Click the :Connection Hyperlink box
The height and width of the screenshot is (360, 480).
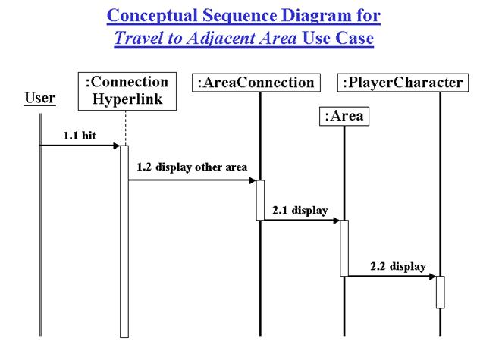(x=124, y=90)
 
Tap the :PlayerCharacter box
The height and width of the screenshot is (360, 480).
(x=402, y=83)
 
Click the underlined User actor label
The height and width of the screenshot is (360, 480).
(x=39, y=98)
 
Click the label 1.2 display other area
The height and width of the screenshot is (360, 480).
(x=192, y=167)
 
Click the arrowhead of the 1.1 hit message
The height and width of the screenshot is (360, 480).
(x=115, y=146)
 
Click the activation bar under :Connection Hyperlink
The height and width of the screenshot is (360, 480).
(x=124, y=243)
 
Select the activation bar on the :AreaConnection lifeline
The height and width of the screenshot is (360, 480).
(x=260, y=199)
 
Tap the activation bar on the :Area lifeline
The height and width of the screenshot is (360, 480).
(x=344, y=248)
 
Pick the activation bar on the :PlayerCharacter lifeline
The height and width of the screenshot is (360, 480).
(x=440, y=292)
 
